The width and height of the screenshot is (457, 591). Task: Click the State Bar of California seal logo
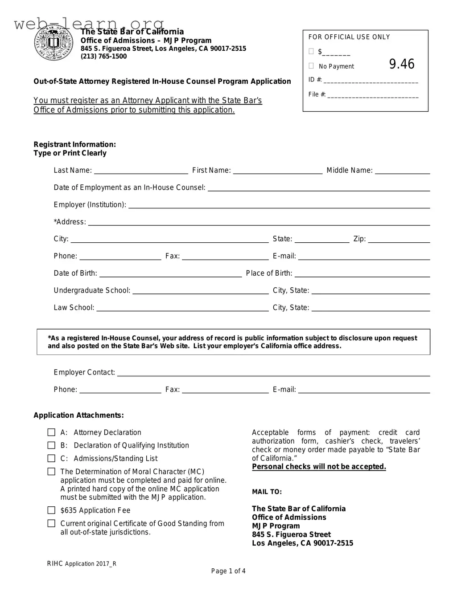tap(54, 43)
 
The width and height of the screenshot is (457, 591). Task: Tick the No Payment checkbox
tap(311, 66)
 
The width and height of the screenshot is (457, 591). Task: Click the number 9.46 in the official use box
tap(402, 64)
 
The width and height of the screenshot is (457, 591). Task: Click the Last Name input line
tap(141, 171)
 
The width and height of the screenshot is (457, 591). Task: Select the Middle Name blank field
tap(402, 171)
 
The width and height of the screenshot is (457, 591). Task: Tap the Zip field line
tap(399, 240)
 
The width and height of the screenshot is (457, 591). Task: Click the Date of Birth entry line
tap(170, 274)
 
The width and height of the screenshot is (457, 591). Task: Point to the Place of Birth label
tap(269, 273)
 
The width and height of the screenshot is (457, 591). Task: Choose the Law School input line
tap(182, 308)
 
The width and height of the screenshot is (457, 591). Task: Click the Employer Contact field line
tap(273, 373)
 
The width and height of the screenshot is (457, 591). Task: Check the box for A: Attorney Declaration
tap(52, 432)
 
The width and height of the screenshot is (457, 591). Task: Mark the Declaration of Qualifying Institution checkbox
tap(52, 445)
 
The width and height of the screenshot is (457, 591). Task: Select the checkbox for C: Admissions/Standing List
tap(52, 458)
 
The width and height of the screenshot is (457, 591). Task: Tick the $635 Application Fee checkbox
tap(52, 510)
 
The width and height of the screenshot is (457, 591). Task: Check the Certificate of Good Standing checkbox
tap(52, 523)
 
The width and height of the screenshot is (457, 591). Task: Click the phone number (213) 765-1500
tap(103, 57)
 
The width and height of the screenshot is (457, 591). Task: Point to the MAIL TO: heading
tap(267, 492)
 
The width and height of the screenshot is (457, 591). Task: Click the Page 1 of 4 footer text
tap(228, 571)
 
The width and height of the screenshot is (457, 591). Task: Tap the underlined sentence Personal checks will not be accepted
tap(319, 467)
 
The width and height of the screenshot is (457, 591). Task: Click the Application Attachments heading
tap(78, 416)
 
